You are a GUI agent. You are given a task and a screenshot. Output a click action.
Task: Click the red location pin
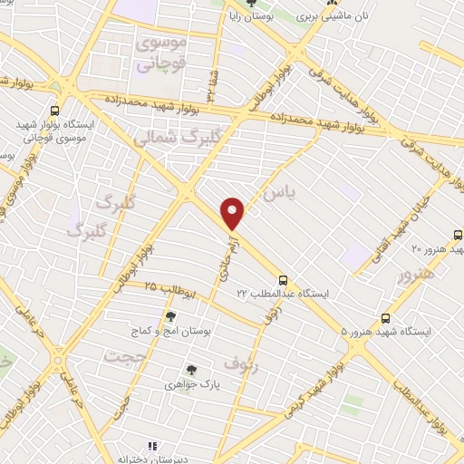pos(234,213)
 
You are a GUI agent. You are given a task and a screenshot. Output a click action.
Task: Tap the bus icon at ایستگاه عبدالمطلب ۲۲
pos(284,280)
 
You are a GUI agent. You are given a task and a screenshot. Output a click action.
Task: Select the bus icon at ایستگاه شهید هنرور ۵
pos(386,318)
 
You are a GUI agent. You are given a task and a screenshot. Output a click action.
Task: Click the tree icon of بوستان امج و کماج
pos(170,316)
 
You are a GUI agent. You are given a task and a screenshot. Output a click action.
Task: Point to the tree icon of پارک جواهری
pos(190,369)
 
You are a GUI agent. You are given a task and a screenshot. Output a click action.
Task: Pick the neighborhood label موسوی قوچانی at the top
pos(159,53)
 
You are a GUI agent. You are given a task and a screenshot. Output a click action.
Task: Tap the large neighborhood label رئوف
pos(245,365)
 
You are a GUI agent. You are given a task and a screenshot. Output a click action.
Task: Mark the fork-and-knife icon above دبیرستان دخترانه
pos(153,445)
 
